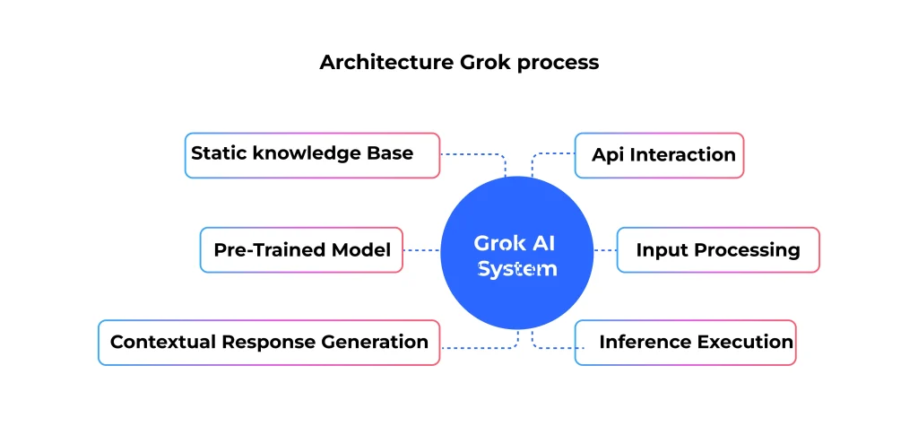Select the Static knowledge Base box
click(312, 155)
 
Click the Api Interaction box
click(659, 155)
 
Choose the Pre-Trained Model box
click(301, 250)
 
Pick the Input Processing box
click(718, 250)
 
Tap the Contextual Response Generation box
click(269, 343)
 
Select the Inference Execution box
click(686, 343)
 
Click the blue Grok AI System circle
click(517, 253)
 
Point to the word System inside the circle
click(517, 269)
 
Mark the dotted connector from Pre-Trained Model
click(421, 250)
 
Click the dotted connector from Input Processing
click(605, 250)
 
